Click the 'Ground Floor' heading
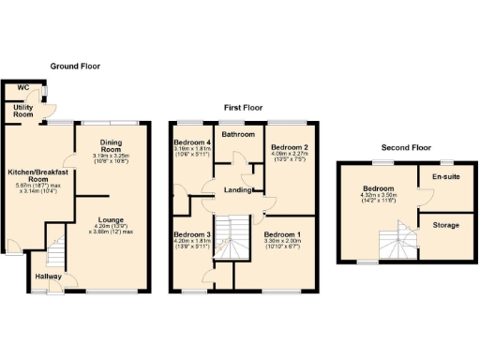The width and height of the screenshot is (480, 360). (75, 67)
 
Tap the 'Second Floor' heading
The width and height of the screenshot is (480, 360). (405, 148)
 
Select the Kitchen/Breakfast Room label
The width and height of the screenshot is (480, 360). (34, 177)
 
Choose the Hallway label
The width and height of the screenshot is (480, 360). (48, 277)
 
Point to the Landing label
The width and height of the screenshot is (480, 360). (238, 191)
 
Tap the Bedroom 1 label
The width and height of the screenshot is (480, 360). (282, 233)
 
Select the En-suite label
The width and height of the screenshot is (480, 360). (444, 176)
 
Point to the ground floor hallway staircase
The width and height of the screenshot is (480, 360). (55, 251)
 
